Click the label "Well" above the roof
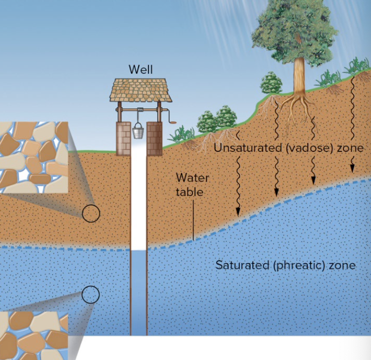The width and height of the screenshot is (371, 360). coord(140,69)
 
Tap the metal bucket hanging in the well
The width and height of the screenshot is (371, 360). coord(139,132)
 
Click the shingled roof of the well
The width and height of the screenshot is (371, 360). coord(141,90)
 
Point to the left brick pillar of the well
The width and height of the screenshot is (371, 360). coord(123,136)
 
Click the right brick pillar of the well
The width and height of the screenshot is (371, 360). coord(154,136)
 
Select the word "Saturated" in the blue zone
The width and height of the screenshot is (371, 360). coord(243,265)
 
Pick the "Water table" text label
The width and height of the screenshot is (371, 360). coord(192,185)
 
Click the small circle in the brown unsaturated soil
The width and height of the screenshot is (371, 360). coord(91,214)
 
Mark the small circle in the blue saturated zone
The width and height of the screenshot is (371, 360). coord(90,295)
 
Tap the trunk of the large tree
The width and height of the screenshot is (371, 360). coord(300,75)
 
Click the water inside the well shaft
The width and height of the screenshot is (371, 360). coord(139,291)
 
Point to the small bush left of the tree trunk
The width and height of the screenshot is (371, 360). coord(271,83)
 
